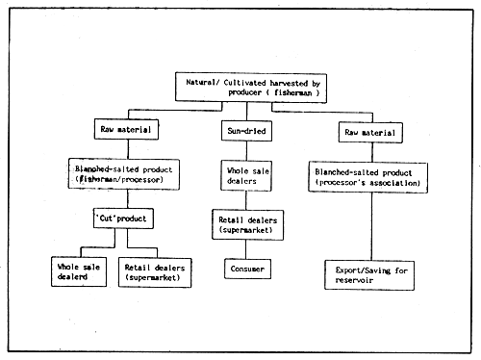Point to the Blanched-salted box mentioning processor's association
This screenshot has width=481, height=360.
(x=369, y=176)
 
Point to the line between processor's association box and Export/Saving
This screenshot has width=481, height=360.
(x=369, y=226)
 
